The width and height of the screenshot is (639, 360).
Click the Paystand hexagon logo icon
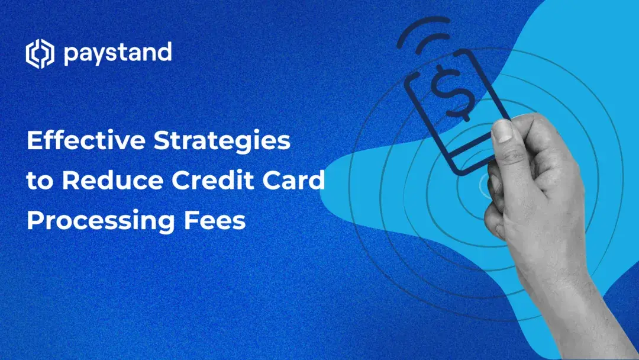click(x=39, y=54)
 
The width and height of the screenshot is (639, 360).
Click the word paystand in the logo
click(x=117, y=54)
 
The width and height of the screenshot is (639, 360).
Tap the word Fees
click(x=214, y=221)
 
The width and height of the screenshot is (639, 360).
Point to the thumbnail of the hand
click(x=503, y=130)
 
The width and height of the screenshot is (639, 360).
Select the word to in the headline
click(x=39, y=181)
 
